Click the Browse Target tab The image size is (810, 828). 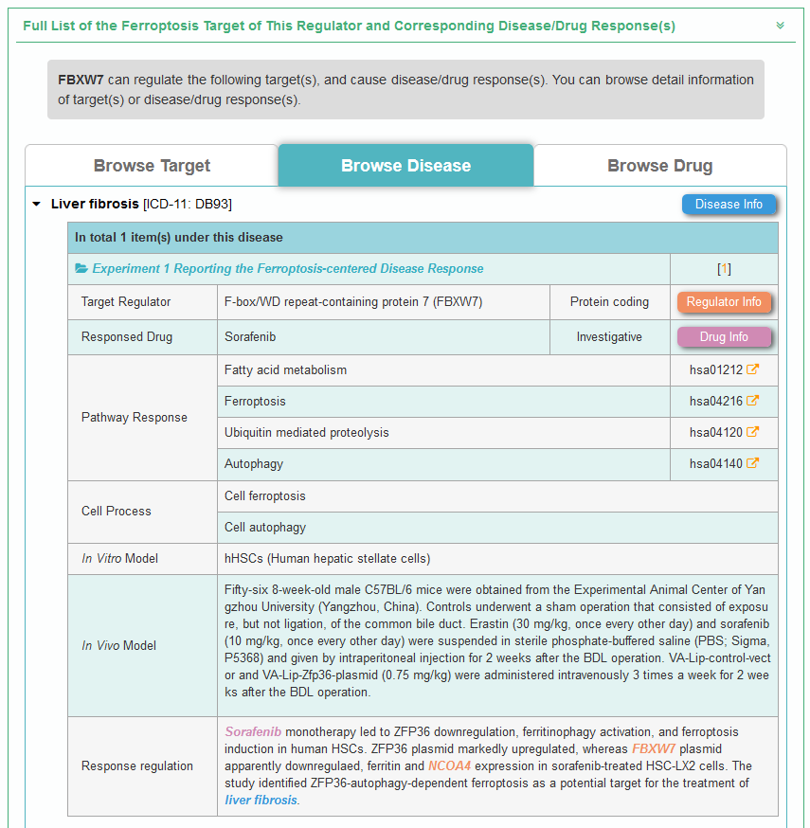coord(152,166)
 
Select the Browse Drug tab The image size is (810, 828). coord(659,166)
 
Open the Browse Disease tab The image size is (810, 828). coord(405,166)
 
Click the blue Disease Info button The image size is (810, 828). coord(729,205)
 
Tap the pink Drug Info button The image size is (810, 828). coord(724,337)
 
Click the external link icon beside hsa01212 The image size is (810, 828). coord(752,369)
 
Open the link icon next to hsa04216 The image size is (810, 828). coord(752,401)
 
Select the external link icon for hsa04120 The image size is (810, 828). coord(752,432)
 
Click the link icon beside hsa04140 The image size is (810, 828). coord(752,463)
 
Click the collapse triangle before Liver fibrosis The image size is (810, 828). coord(36,204)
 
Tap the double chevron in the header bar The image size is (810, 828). coord(780,26)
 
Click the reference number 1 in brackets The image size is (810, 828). coord(724,269)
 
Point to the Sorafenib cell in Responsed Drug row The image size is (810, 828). coord(250,336)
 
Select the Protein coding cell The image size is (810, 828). coord(609,302)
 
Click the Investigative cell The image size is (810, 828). coord(609,336)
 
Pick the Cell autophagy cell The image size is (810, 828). coord(265,527)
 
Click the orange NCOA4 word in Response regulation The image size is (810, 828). coord(448,765)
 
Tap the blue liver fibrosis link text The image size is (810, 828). coord(261,800)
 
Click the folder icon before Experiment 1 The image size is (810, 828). coord(81,269)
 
